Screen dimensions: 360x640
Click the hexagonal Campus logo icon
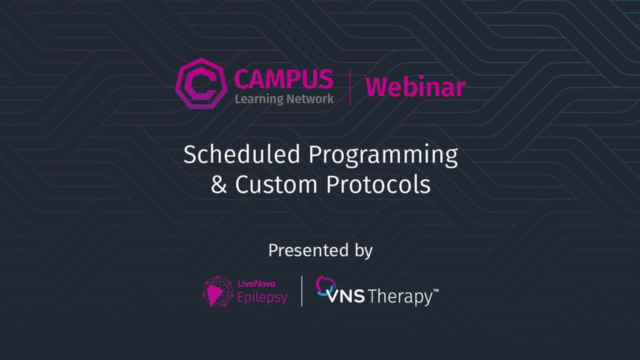[201, 83]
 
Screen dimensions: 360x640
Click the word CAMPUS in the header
[283, 78]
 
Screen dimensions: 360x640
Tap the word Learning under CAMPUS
[258, 99]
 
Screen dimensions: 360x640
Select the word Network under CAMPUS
[310, 99]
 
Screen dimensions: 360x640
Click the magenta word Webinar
[415, 87]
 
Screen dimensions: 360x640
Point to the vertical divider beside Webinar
[350, 86]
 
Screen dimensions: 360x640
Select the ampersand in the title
[218, 184]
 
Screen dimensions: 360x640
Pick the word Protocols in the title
[378, 184]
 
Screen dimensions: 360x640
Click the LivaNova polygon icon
[218, 291]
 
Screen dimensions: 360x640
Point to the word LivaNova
[256, 284]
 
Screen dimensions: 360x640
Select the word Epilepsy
[262, 297]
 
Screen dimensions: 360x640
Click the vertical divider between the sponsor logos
[302, 290]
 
